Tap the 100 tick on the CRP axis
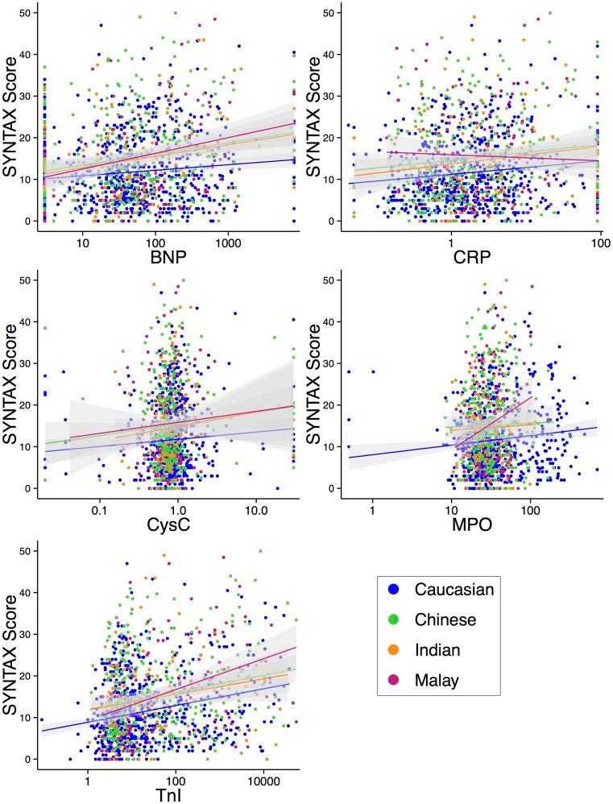click(x=598, y=240)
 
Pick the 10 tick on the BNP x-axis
click(x=82, y=240)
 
